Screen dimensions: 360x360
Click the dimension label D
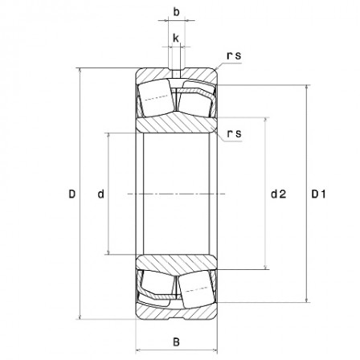coord(72,194)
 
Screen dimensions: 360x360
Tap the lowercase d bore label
coord(100,194)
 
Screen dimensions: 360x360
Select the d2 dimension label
coord(278,194)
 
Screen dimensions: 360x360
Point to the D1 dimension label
coord(319,194)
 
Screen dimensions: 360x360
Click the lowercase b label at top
coord(176,14)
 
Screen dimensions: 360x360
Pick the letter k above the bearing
coord(175,37)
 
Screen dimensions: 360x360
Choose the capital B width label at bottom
coord(176,342)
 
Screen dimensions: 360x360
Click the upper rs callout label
coord(234,56)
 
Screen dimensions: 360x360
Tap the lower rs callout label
coord(234,133)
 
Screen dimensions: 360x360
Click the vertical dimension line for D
coord(81,241)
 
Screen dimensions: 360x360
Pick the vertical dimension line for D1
coord(307,241)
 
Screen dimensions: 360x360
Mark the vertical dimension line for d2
coord(266,233)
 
